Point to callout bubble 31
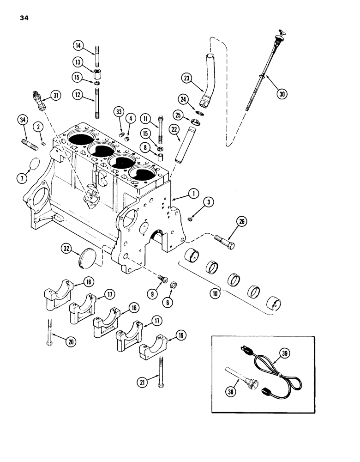56,96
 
